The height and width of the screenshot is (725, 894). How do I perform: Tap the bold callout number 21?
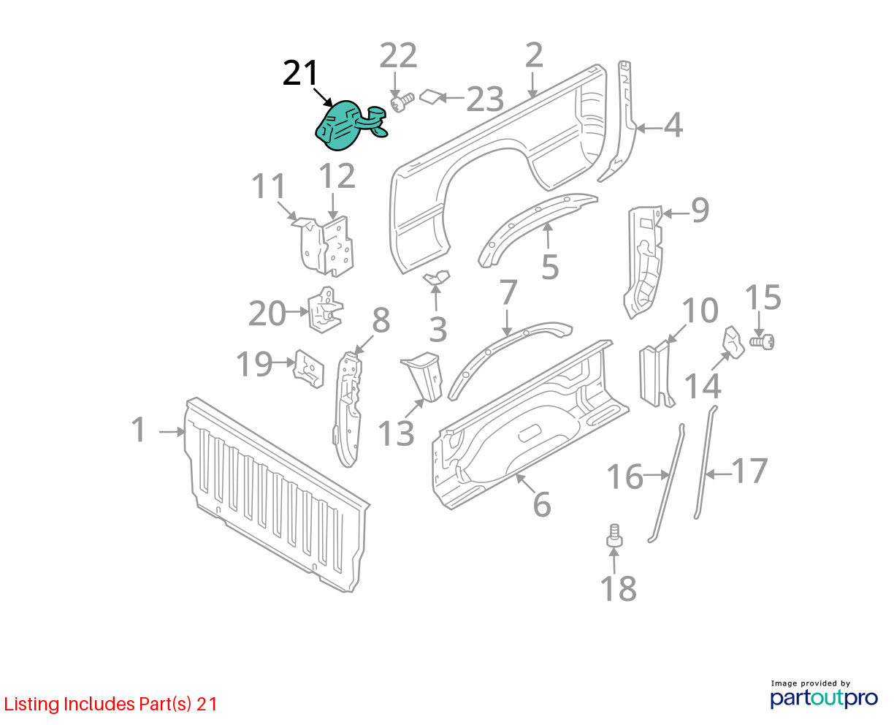299,73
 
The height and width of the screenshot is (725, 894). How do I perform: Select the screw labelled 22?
402,102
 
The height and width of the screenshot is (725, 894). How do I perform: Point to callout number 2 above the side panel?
534,55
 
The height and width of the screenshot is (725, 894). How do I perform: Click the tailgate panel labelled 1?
277,494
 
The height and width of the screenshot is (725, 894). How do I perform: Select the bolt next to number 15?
762,342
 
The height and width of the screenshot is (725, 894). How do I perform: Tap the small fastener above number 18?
614,536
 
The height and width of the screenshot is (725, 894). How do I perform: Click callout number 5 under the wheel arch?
550,266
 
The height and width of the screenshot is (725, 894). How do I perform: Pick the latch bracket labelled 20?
325,310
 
